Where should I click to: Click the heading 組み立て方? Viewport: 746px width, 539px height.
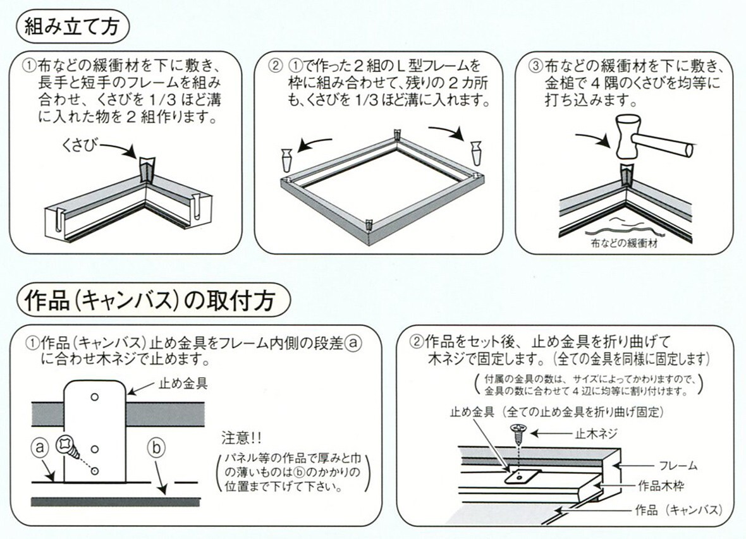point(72,27)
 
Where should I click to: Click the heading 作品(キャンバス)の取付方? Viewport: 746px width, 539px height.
point(150,300)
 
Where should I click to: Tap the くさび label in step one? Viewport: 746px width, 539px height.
point(80,145)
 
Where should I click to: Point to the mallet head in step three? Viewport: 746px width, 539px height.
point(628,136)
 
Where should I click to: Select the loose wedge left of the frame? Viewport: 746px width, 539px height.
point(286,159)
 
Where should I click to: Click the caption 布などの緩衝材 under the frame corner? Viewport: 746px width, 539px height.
point(624,243)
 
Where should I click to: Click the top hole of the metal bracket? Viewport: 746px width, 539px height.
point(95,396)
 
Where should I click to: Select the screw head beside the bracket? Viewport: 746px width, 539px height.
point(64,445)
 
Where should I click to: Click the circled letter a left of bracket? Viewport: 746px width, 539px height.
point(40,447)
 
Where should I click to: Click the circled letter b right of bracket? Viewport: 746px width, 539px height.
point(157,447)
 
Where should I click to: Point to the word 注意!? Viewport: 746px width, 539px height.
point(242,437)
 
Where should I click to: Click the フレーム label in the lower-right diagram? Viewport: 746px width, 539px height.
point(678,465)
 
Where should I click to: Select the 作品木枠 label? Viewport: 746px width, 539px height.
point(661,486)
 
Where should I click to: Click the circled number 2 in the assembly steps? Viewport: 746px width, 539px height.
point(276,65)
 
